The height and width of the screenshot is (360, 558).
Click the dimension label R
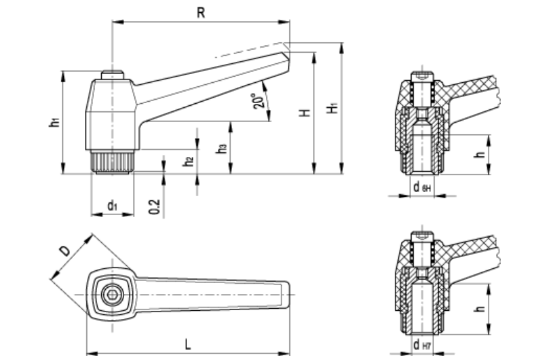point(200,12)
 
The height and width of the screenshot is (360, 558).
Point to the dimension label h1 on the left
point(53,122)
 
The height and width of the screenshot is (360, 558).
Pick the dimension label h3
point(221,149)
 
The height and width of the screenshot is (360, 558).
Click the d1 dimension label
point(112,206)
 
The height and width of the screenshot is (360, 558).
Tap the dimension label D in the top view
point(65,251)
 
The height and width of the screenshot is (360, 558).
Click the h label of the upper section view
point(480,154)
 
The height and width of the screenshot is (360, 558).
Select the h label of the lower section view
point(480,309)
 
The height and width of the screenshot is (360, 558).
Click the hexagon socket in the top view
point(112,296)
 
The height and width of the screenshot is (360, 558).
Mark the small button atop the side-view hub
point(112,74)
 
